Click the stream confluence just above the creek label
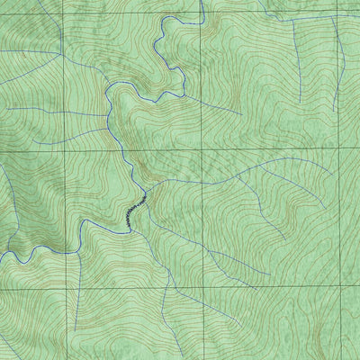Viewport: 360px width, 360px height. click(x=144, y=191)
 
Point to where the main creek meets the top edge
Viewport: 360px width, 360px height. click(x=203, y=0)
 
